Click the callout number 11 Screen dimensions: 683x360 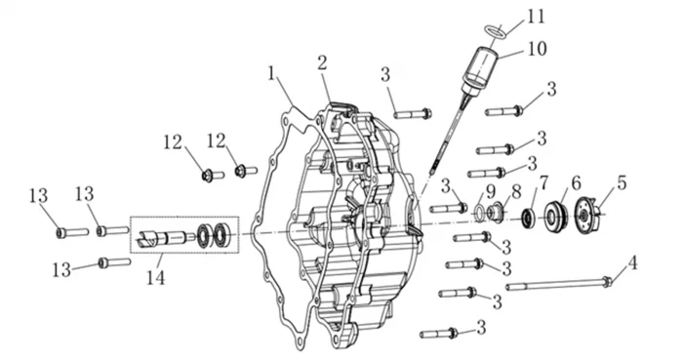(536, 17)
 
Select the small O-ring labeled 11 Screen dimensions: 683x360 (496, 32)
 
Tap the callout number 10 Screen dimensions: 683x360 (537, 49)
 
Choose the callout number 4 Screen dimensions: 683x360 (632, 262)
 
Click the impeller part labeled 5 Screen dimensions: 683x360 (588, 215)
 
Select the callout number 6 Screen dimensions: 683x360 (576, 183)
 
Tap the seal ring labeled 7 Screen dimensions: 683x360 (529, 218)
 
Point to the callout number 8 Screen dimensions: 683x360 (516, 191)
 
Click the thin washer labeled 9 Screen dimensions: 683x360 (479, 212)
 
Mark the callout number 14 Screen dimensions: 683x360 (155, 277)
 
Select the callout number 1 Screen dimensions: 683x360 (272, 73)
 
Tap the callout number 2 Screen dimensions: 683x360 (322, 63)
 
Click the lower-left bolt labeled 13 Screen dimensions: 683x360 (114, 262)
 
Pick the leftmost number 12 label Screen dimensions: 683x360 (173, 141)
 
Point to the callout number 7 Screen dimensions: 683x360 (542, 182)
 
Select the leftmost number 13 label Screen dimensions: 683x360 (38, 195)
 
